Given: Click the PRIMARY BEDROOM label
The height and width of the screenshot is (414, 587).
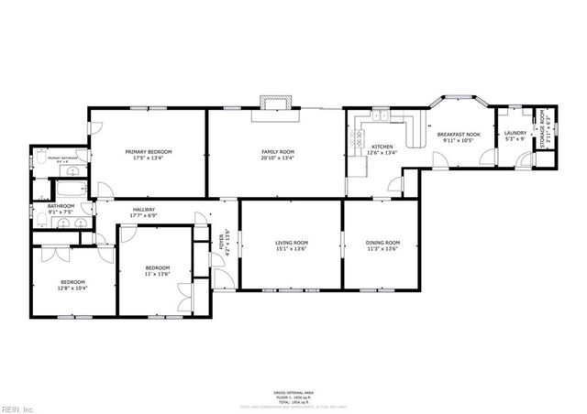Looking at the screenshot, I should click(x=149, y=152).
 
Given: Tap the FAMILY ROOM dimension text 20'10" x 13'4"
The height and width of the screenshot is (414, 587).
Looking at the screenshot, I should click(x=277, y=158).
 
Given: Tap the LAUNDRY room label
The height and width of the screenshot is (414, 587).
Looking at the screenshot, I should click(x=515, y=134).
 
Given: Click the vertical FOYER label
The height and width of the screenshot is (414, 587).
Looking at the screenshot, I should click(x=220, y=243).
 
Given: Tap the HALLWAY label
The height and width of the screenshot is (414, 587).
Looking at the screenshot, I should click(x=142, y=211).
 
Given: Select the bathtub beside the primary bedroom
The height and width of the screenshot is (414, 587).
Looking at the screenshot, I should click(x=71, y=190).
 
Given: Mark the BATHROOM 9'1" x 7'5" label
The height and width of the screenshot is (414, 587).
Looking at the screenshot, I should click(x=61, y=209).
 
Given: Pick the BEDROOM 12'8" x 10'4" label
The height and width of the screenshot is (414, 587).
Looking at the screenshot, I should click(x=72, y=284).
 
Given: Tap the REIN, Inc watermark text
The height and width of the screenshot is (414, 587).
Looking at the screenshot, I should click(x=17, y=408).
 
